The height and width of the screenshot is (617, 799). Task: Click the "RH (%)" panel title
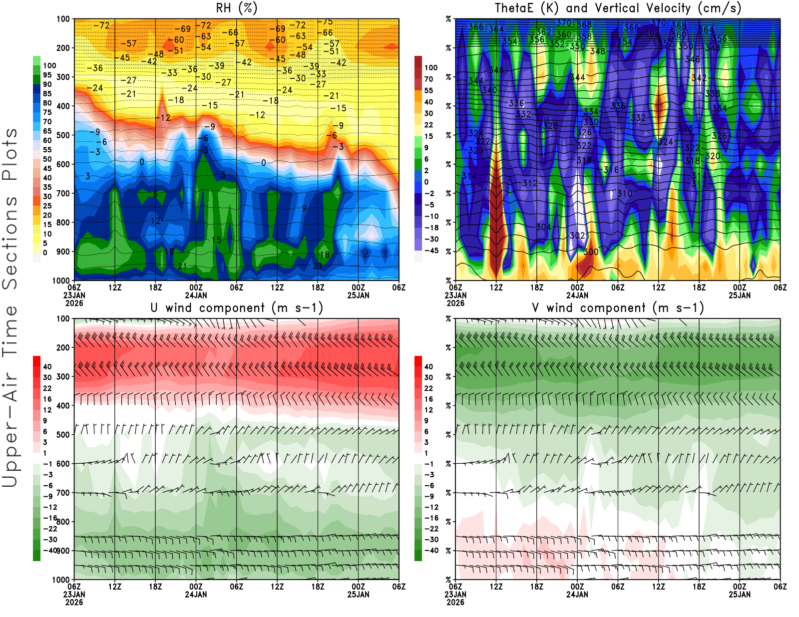click(236, 8)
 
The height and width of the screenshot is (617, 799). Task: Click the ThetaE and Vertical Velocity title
click(618, 8)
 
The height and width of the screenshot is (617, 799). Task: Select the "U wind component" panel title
click(237, 308)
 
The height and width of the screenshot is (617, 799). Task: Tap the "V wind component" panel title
click(618, 308)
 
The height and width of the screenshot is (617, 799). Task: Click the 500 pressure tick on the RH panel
click(63, 135)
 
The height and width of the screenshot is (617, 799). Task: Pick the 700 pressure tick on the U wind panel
click(63, 493)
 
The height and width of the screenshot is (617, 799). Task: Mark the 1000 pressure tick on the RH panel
click(61, 281)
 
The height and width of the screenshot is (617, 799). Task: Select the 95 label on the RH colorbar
click(47, 75)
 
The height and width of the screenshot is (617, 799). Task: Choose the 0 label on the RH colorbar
click(45, 253)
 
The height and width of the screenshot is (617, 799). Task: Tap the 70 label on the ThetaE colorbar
click(428, 79)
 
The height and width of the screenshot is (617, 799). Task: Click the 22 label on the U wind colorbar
click(47, 388)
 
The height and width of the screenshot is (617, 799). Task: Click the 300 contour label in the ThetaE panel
click(591, 252)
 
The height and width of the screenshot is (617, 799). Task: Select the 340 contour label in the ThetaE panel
click(489, 90)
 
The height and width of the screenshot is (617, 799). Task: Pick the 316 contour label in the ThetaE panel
click(611, 170)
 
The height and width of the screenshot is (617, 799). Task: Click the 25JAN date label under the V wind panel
click(740, 595)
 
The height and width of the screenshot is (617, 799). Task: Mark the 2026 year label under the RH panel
click(74, 303)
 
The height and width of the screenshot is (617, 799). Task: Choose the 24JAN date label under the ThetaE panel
click(577, 295)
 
